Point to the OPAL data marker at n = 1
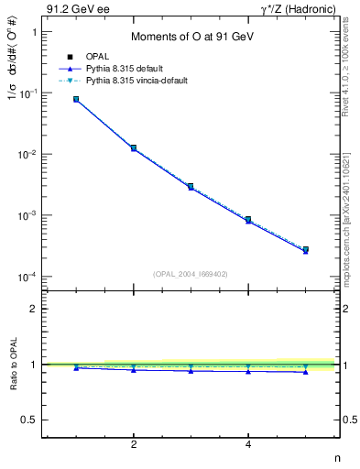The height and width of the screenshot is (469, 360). tap(76, 99)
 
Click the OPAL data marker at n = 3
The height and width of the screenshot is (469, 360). tap(191, 186)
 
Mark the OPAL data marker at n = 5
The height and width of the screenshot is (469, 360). tap(305, 249)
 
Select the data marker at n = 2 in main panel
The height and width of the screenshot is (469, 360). tap(134, 147)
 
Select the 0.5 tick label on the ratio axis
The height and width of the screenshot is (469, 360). tap(30, 420)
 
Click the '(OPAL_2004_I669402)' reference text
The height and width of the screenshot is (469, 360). tap(191, 273)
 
